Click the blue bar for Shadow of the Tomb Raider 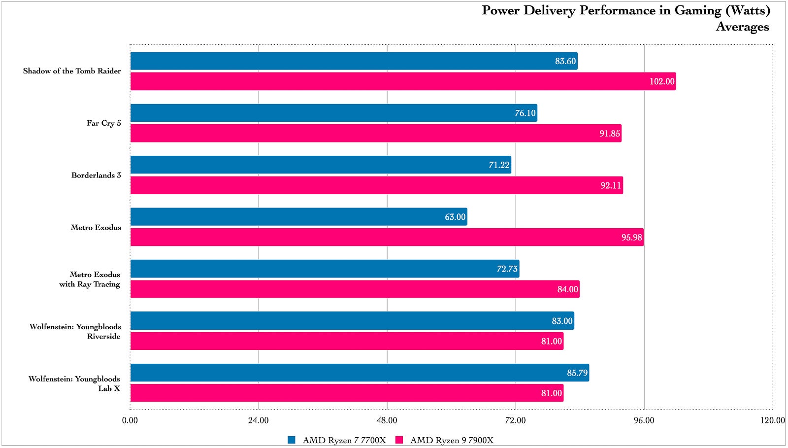pos(354,61)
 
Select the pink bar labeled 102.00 pos(403,81)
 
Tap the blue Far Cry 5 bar pos(333,113)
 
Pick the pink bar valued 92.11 pos(376,185)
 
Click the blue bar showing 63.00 pos(298,217)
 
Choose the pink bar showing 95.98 pos(387,238)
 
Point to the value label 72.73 pos(507,269)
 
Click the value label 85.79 pos(577,373)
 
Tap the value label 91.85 pos(609,134)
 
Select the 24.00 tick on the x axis pos(258,420)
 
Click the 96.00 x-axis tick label pos(644,420)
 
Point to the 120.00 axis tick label pos(772,420)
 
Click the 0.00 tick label pos(130,420)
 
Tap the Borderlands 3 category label pos(96,175)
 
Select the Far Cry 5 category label pos(103,123)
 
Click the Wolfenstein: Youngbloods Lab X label pos(74,383)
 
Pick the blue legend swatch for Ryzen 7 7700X pos(292,440)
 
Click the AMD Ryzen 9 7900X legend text pos(452,440)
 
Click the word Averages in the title pos(742,27)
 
